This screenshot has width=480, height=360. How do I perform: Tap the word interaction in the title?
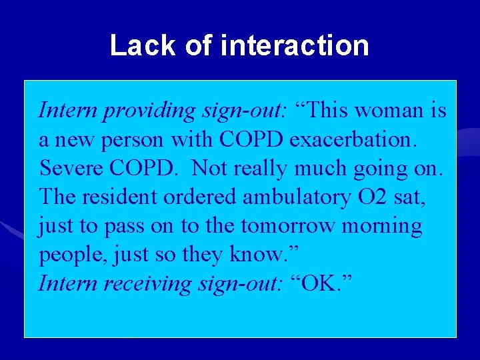click(x=294, y=46)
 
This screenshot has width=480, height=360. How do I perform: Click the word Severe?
click(x=74, y=168)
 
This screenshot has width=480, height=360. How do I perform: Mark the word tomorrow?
click(x=287, y=227)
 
